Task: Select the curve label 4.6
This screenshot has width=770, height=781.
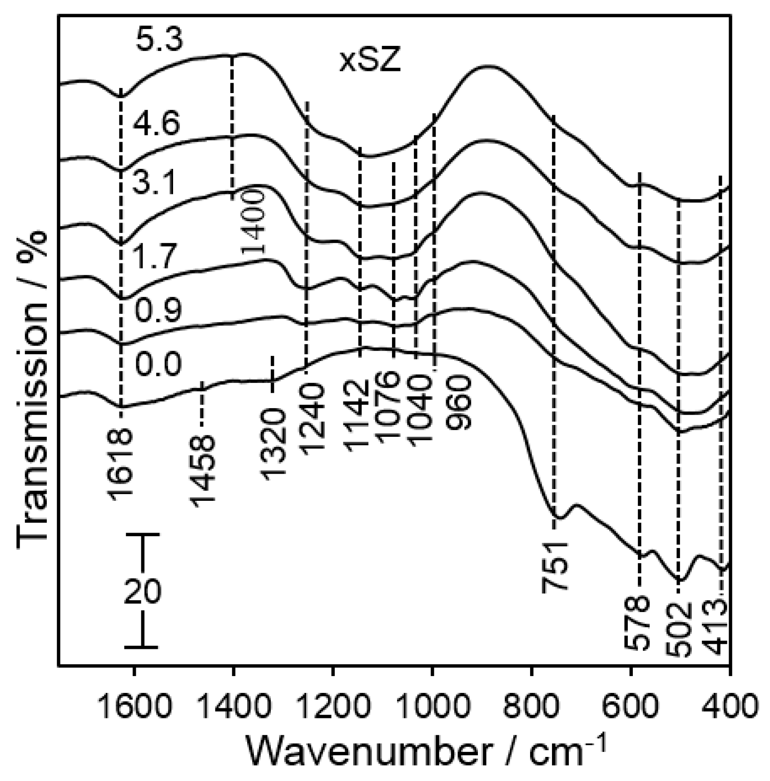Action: (x=156, y=123)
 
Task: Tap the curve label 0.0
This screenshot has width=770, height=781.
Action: (x=159, y=364)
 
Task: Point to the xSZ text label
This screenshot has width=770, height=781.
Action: (x=370, y=62)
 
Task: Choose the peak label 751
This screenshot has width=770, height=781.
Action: (x=555, y=567)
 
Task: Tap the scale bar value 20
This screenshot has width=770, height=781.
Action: (x=142, y=592)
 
